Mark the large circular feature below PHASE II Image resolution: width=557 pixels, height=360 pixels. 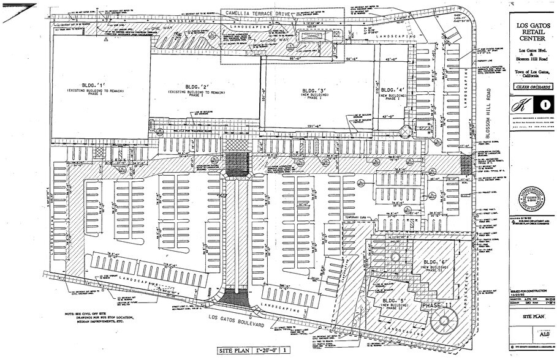coord(444,320)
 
